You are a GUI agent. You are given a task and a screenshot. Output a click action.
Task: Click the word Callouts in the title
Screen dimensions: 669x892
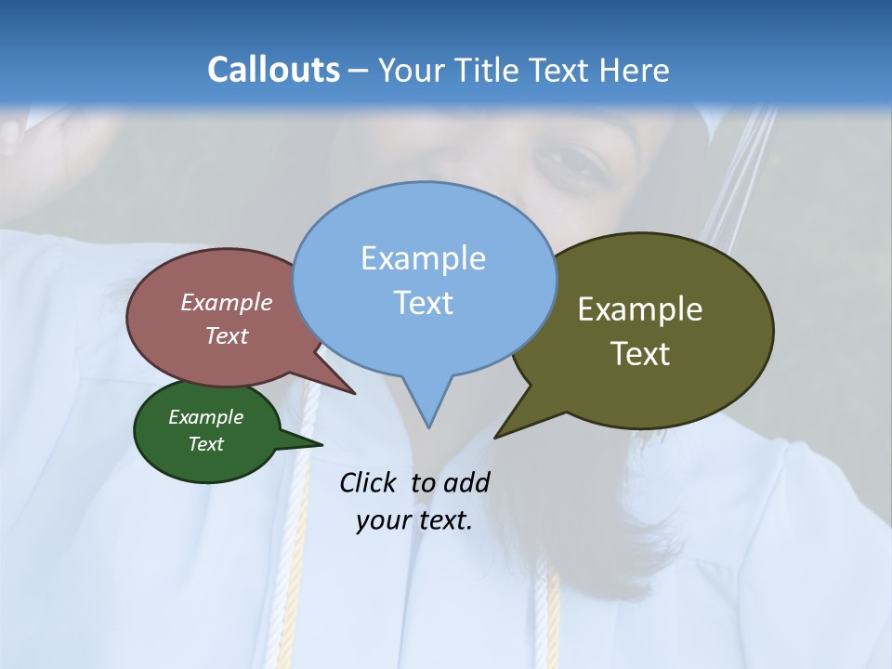(273, 70)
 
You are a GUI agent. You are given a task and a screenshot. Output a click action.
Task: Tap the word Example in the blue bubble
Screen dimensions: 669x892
(423, 258)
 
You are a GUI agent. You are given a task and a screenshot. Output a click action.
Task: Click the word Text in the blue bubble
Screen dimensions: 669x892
(423, 303)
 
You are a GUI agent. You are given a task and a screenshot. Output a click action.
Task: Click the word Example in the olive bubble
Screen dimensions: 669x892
(640, 309)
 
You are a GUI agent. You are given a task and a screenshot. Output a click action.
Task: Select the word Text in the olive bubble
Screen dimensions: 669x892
(640, 354)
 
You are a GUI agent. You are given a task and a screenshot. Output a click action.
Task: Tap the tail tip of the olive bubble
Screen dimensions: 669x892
(495, 437)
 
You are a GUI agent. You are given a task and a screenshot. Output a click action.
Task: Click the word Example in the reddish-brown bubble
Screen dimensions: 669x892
(227, 302)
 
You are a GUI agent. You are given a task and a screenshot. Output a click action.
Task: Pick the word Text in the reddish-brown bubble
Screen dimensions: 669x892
(227, 335)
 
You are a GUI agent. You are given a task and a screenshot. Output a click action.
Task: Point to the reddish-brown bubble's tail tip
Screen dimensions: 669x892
(354, 393)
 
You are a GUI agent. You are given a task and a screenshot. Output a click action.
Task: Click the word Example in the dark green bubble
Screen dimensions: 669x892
(206, 417)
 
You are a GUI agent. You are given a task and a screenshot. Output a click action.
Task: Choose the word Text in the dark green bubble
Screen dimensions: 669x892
(206, 444)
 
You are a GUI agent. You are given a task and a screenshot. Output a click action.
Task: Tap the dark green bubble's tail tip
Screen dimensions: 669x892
(321, 443)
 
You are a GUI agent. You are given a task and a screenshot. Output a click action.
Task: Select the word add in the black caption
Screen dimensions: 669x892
(466, 482)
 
